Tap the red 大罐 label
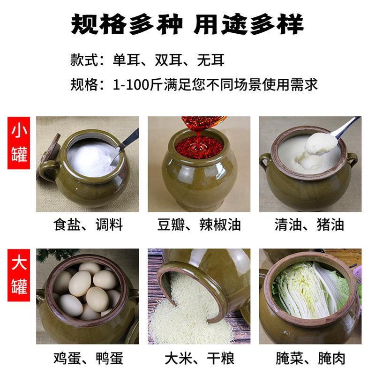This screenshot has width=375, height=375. tap(20, 274)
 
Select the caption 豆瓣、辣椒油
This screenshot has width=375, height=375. tap(199, 225)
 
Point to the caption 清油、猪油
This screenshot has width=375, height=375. tap(310, 225)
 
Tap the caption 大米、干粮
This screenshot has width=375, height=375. tap(199, 359)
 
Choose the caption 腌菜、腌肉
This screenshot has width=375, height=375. tap(310, 359)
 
